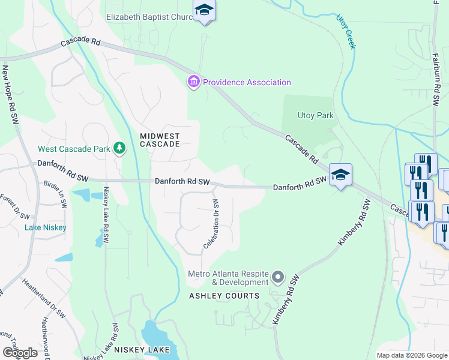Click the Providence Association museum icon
pyautogui.click(x=193, y=82)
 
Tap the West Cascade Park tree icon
pyautogui.click(x=119, y=148)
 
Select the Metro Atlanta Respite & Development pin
pyautogui.click(x=277, y=277)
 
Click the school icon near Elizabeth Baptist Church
pyautogui.click(x=204, y=11)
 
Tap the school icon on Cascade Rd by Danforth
pyautogui.click(x=340, y=175)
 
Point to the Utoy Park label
pyautogui.click(x=315, y=115)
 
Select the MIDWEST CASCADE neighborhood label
pyautogui.click(x=160, y=140)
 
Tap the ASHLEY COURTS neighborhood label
pyautogui.click(x=224, y=296)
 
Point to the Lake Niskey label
pyautogui.click(x=46, y=227)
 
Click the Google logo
pyautogui.click(x=20, y=353)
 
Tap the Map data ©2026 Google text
pyautogui.click(x=412, y=355)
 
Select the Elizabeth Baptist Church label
pyautogui.click(x=149, y=17)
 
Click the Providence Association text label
pyautogui.click(x=247, y=82)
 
